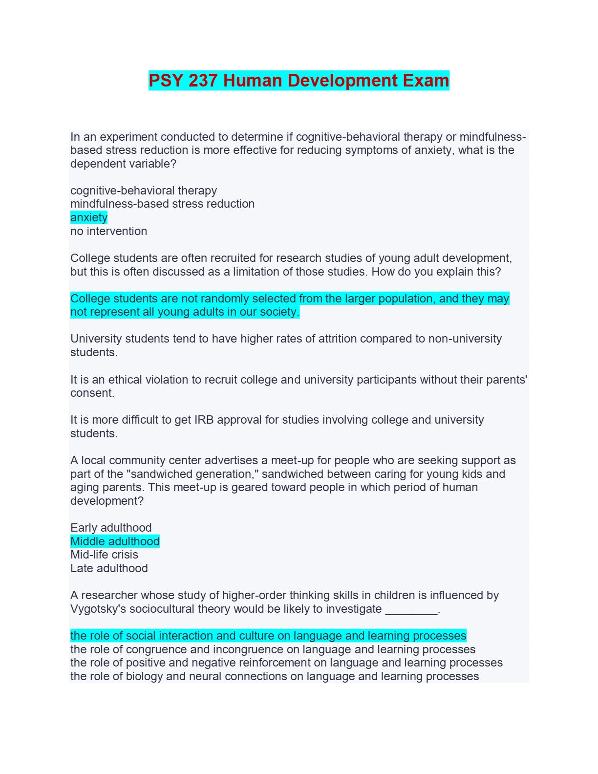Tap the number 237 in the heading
pos(203,81)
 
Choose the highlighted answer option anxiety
pos(89,217)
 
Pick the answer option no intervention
pos(108,231)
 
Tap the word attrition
pos(338,339)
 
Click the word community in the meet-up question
pos(135,460)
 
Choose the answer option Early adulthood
pos(111,528)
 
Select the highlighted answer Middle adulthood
pos(115,541)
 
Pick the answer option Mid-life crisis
pos(104,555)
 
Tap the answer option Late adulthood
pos(109,568)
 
